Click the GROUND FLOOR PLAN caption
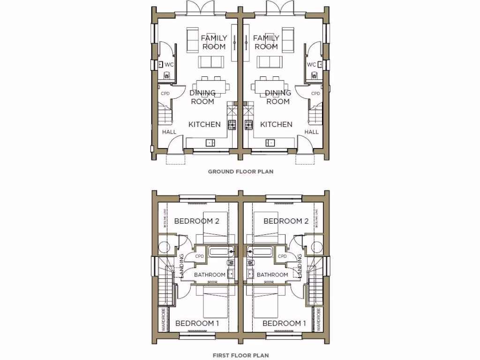click(240, 172)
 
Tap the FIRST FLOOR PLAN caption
click(240, 355)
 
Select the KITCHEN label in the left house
click(204, 124)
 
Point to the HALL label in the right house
click(312, 132)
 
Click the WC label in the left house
click(169, 64)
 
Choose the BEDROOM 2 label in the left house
click(197, 221)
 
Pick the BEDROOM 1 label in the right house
click(285, 323)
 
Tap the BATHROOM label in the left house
click(210, 275)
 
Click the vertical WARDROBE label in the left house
click(163, 320)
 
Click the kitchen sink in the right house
click(270, 142)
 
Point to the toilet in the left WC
click(166, 75)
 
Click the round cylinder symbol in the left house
click(165, 247)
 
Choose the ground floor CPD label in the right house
click(315, 94)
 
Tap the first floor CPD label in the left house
click(199, 256)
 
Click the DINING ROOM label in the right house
click(278, 97)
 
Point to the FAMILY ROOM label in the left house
click(214, 42)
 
